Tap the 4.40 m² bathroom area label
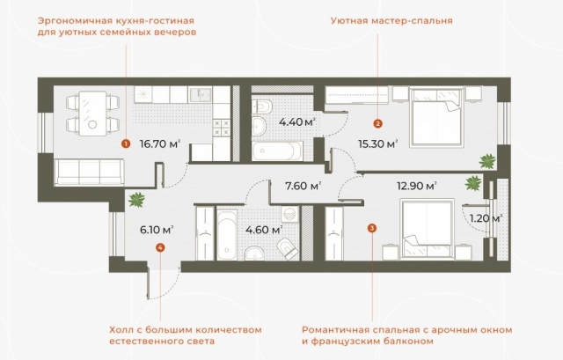tap(297, 122)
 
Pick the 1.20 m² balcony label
tap(485, 218)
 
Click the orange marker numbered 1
tap(126, 142)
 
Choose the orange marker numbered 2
tap(377, 124)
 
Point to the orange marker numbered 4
tap(158, 248)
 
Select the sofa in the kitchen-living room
tap(81, 171)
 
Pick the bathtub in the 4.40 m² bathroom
tap(276, 151)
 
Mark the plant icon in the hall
tap(135, 200)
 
